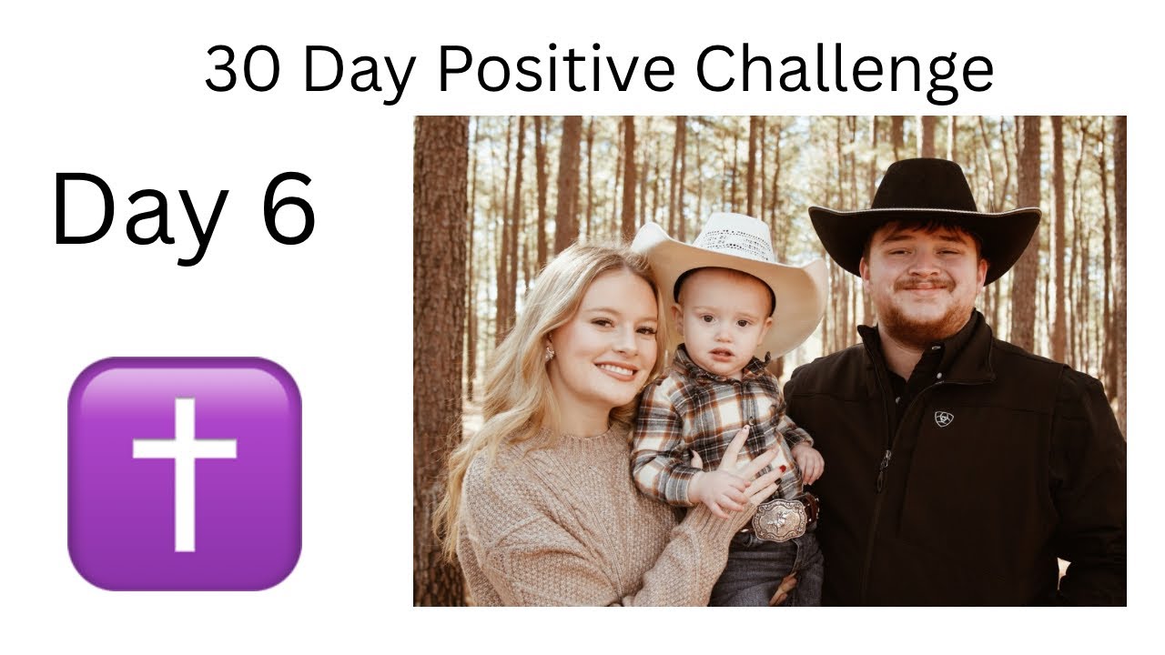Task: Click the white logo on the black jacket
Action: click(944, 419)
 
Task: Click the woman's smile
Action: click(617, 370)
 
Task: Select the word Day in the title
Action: click(360, 69)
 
